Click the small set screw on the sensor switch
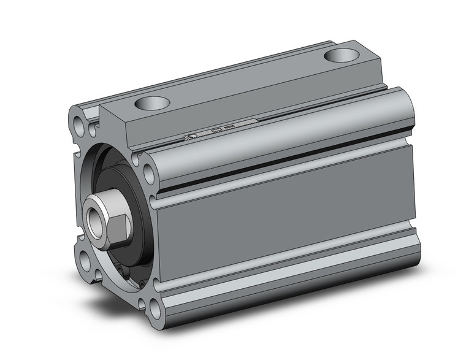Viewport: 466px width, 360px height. tap(192, 136)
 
